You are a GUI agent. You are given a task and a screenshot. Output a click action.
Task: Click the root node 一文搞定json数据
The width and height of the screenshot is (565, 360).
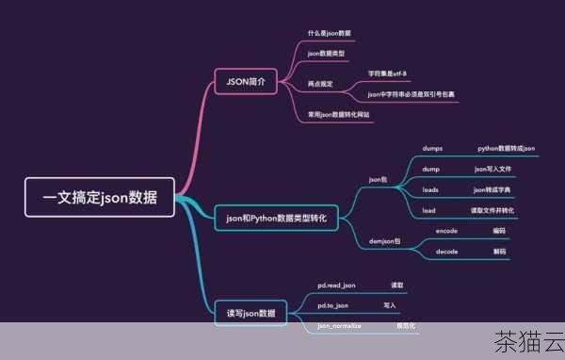click(99, 199)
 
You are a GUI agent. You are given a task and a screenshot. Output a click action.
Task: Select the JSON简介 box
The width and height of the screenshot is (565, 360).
click(246, 81)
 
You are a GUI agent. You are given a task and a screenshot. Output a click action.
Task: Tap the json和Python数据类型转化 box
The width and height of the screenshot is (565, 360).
click(276, 218)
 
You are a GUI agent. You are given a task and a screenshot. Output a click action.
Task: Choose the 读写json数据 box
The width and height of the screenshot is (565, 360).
click(250, 312)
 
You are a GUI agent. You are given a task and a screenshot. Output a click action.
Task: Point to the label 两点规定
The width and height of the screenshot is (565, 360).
click(320, 84)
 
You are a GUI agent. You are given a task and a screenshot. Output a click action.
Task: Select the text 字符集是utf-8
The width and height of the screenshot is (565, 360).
click(387, 72)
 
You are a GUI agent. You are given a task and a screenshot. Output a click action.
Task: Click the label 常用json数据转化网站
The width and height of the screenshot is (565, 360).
click(338, 115)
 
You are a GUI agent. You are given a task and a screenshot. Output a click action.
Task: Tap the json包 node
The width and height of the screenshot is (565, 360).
click(378, 179)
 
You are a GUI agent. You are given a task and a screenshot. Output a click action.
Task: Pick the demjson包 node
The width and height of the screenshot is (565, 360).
click(381, 240)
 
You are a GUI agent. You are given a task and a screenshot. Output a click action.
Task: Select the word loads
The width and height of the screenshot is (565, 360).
click(430, 189)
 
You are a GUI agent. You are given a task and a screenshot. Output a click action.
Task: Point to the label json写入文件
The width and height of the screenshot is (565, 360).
click(492, 169)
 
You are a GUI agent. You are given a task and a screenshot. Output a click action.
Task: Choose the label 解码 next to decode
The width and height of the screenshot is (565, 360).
click(499, 252)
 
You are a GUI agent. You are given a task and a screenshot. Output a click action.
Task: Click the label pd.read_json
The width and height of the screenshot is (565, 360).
click(336, 285)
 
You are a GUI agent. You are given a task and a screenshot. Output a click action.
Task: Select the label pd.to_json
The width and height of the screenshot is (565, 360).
click(332, 305)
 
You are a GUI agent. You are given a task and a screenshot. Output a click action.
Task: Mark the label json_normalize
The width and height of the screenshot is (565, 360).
click(337, 325)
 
